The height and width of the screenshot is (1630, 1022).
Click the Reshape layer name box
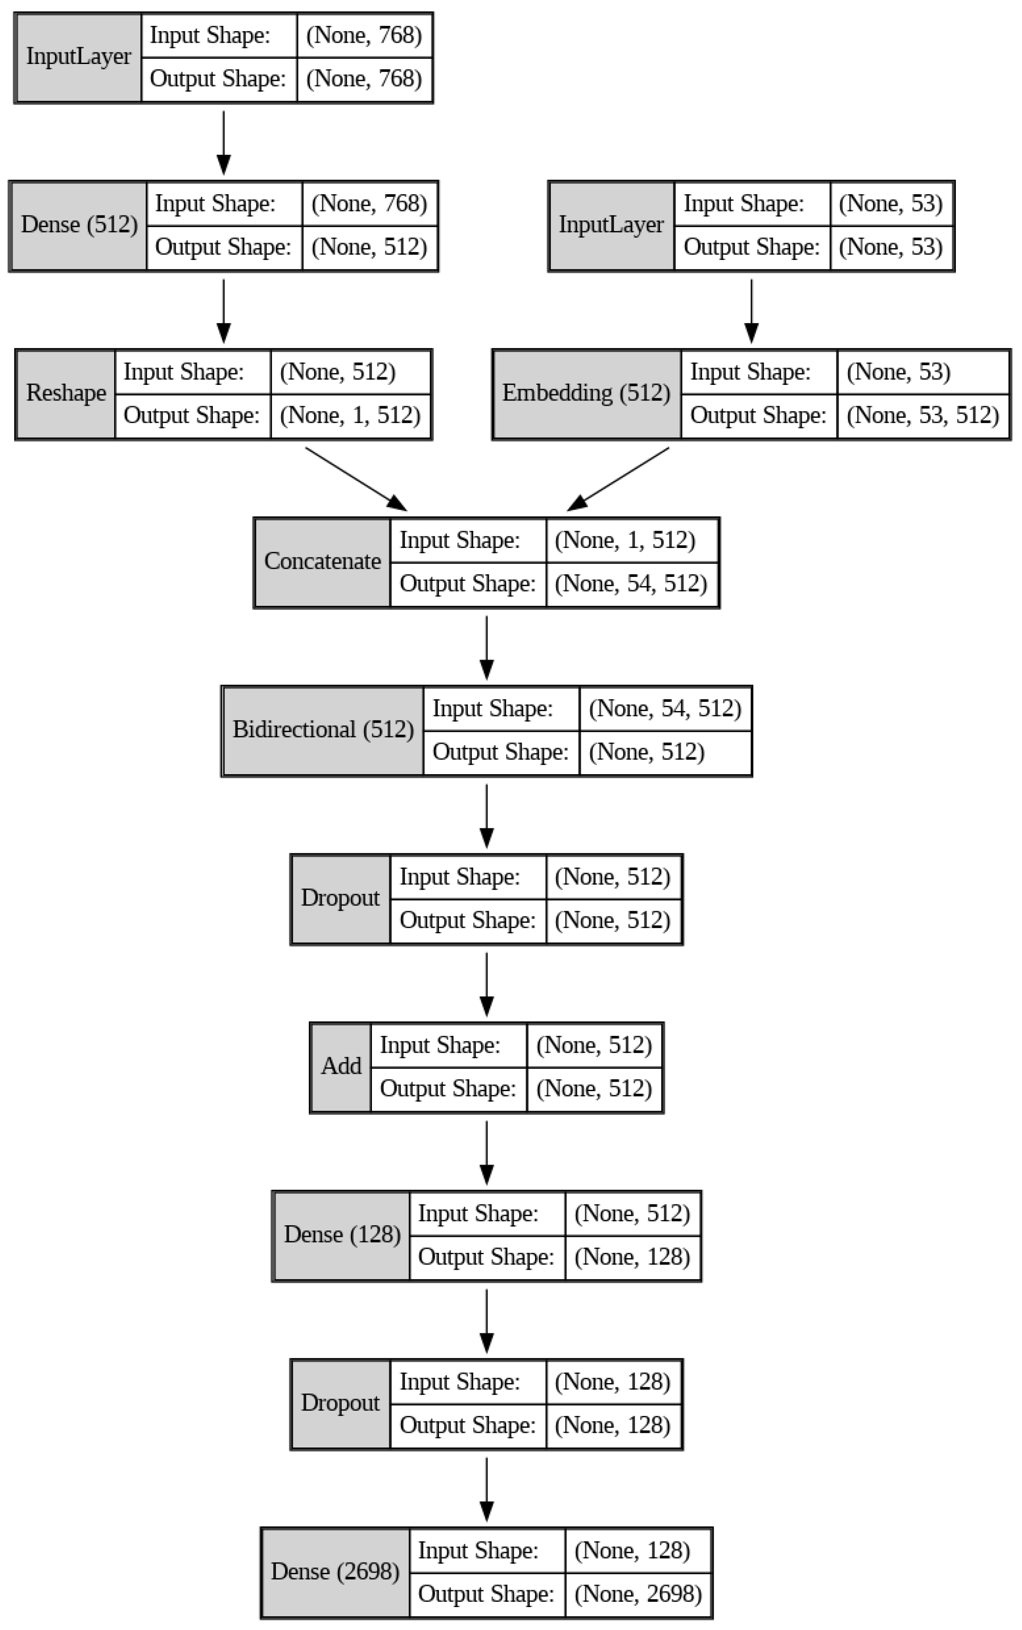pyautogui.click(x=66, y=393)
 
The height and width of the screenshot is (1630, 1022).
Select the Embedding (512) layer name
pyautogui.click(x=586, y=393)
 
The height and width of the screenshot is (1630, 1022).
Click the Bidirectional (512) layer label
pyautogui.click(x=322, y=730)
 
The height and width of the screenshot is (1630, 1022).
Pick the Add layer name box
pyautogui.click(x=341, y=1066)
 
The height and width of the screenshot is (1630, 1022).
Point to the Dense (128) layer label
pyautogui.click(x=341, y=1235)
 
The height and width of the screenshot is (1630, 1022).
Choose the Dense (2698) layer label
pyautogui.click(x=335, y=1572)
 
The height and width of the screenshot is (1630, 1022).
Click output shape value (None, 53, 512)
pyautogui.click(x=923, y=415)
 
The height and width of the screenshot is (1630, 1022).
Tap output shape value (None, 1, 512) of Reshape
pyautogui.click(x=350, y=415)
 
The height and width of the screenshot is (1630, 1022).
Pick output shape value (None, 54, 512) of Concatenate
pyautogui.click(x=631, y=583)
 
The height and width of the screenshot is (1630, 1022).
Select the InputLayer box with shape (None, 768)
pyautogui.click(x=78, y=57)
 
